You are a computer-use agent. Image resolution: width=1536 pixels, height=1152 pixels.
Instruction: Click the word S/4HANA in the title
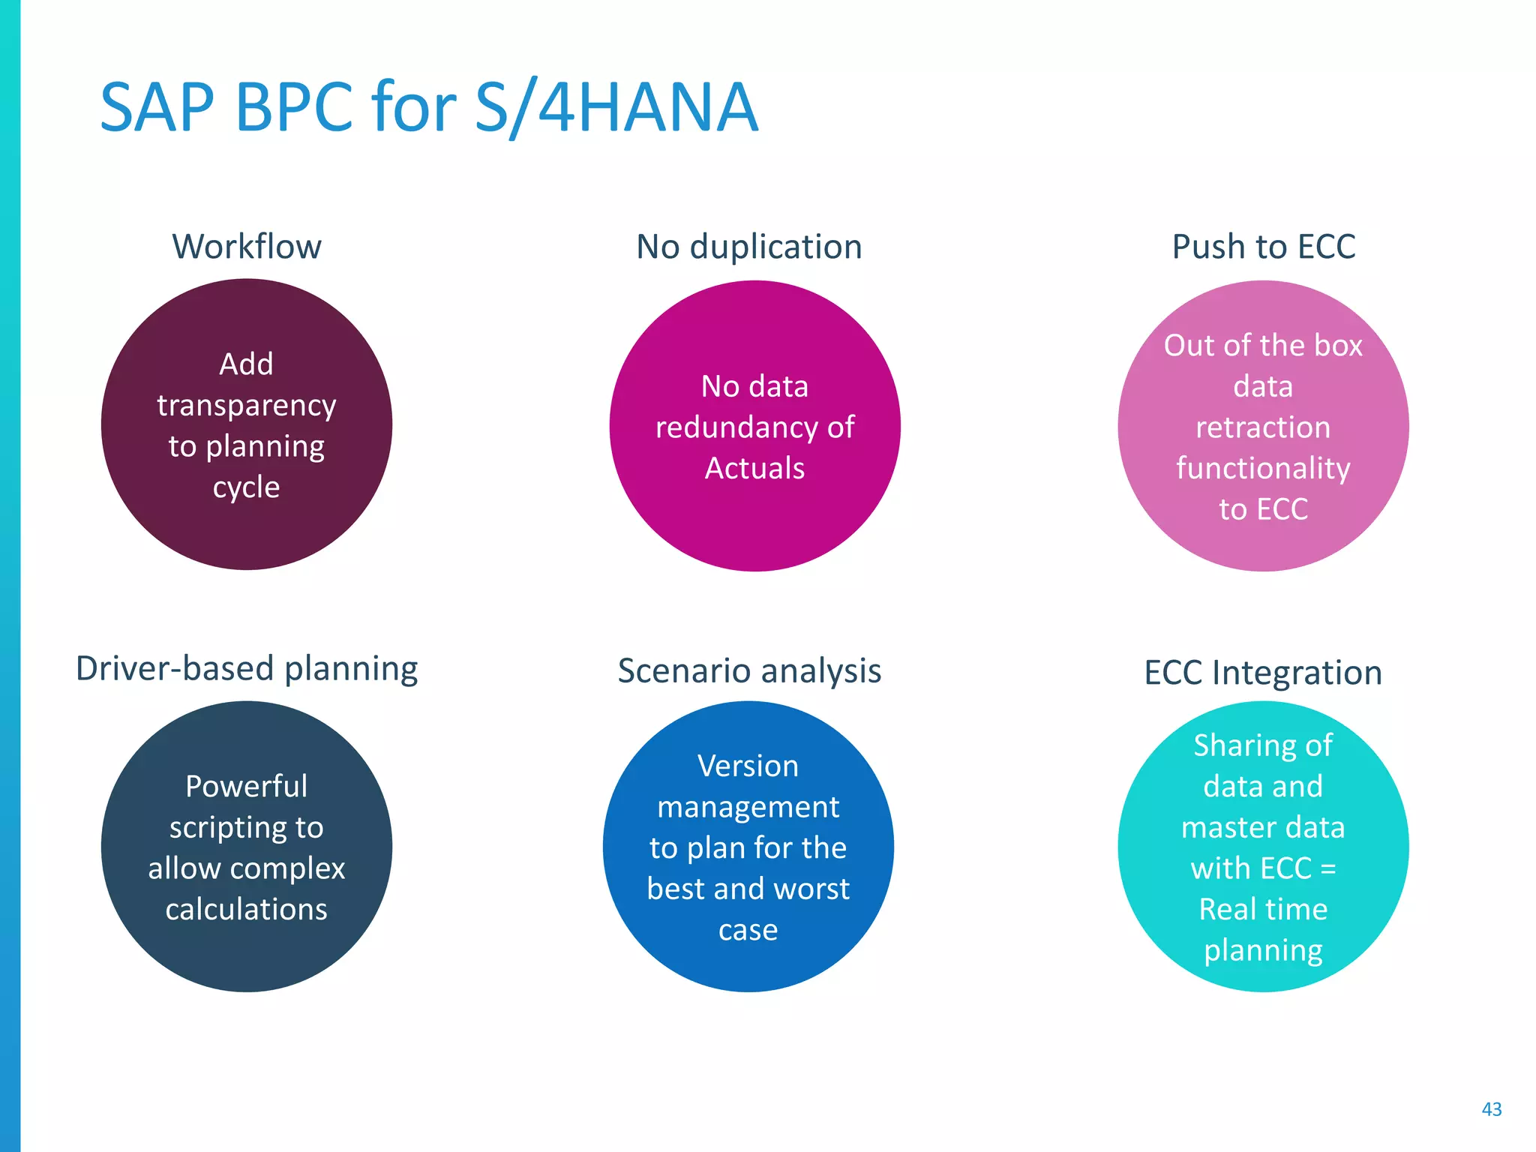pyautogui.click(x=616, y=109)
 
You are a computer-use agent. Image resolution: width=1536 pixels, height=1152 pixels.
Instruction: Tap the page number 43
pyautogui.click(x=1491, y=1109)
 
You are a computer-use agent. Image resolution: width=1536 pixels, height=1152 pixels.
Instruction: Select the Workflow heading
pyautogui.click(x=247, y=247)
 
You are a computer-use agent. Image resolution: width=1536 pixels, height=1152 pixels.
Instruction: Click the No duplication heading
pyautogui.click(x=748, y=247)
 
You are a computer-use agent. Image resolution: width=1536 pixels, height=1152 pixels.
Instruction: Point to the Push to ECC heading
pyautogui.click(x=1263, y=247)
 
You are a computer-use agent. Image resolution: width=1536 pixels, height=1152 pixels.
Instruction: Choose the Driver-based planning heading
pyautogui.click(x=247, y=668)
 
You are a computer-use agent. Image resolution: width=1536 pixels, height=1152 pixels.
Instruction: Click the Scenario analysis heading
pyautogui.click(x=748, y=670)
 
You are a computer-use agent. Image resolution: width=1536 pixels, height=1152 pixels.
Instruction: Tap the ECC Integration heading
pyautogui.click(x=1263, y=673)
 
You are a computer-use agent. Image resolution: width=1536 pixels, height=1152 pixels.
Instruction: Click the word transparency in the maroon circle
pyautogui.click(x=247, y=406)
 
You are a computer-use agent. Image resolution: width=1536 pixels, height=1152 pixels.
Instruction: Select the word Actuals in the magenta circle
pyautogui.click(x=754, y=469)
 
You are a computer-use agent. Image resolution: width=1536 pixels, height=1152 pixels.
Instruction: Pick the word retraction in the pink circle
pyautogui.click(x=1263, y=427)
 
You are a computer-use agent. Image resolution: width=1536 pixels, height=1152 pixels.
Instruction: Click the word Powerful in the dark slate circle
pyautogui.click(x=247, y=787)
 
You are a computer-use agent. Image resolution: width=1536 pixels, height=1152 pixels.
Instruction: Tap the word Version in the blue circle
pyautogui.click(x=748, y=766)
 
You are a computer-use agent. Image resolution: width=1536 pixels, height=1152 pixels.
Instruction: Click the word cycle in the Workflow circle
pyautogui.click(x=247, y=488)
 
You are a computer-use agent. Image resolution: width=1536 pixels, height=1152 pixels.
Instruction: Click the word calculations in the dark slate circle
pyautogui.click(x=247, y=910)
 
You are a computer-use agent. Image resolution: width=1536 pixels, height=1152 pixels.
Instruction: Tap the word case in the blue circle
pyautogui.click(x=748, y=931)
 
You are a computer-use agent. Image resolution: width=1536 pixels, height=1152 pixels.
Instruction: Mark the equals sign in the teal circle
pyautogui.click(x=1327, y=869)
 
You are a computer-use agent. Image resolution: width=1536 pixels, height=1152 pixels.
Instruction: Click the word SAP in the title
pyautogui.click(x=157, y=109)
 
